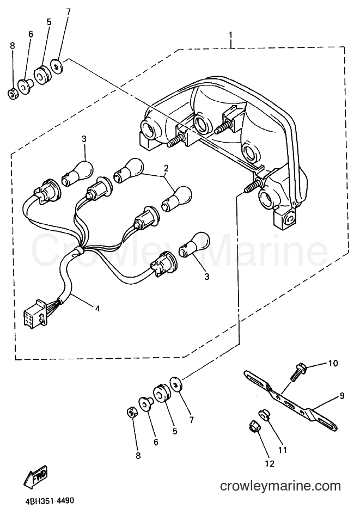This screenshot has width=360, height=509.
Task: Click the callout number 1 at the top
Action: (230, 34)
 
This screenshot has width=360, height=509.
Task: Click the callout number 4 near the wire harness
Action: (97, 308)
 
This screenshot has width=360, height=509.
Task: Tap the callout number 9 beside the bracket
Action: (343, 396)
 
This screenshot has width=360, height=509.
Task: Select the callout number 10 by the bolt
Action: (333, 363)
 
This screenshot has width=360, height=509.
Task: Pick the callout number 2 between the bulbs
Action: (166, 168)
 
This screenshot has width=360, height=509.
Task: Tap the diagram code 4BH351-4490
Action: (48, 501)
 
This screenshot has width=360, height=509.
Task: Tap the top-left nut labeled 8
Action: (12, 95)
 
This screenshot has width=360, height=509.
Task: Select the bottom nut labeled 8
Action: (131, 414)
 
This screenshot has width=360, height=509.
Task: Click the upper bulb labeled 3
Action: (77, 171)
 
